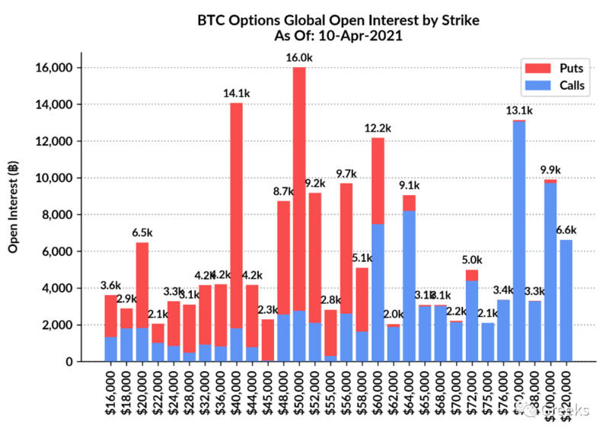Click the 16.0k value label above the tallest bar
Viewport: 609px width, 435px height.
[299, 58]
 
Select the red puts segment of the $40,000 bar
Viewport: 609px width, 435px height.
[237, 213]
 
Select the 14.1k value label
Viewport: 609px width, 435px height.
[237, 94]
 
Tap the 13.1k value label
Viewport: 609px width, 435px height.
[519, 111]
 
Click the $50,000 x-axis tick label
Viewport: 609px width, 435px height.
[299, 392]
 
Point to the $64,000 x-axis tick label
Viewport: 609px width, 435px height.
[409, 392]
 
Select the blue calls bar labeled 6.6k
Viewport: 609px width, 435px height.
[566, 300]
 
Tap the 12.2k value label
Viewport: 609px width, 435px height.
[378, 129]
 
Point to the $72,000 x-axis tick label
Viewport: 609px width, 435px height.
[472, 392]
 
